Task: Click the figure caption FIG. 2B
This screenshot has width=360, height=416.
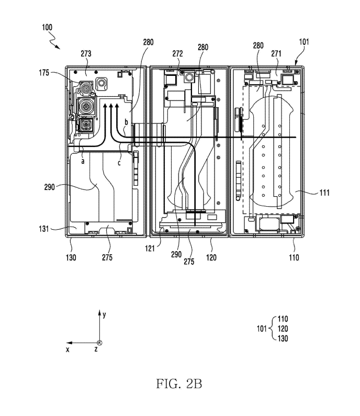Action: [179, 384]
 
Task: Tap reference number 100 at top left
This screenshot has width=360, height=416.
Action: [47, 27]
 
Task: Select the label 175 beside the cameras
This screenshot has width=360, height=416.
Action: [44, 72]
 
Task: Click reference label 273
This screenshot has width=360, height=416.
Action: [86, 53]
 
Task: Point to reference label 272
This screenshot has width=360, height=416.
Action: [177, 53]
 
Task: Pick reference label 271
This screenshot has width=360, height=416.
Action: [276, 53]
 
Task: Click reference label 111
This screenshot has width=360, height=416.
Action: [324, 193]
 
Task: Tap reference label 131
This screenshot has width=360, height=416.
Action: [44, 229]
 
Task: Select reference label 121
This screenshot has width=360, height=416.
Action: [150, 249]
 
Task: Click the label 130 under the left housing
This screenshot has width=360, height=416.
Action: [71, 257]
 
